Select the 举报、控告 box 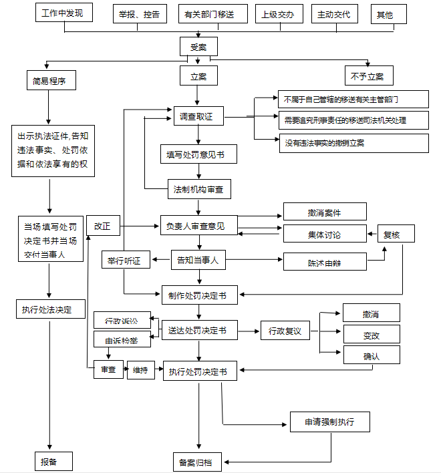click(139, 14)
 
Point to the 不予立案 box click(368, 76)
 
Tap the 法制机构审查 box click(198, 190)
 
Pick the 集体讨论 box click(325, 234)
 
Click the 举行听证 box click(124, 261)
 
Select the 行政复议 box click(285, 330)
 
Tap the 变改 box click(372, 334)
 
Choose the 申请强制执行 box click(329, 422)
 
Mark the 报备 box click(53, 461)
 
